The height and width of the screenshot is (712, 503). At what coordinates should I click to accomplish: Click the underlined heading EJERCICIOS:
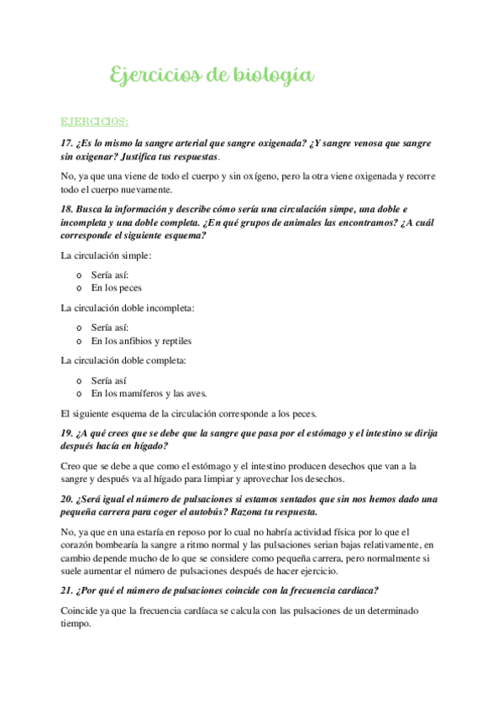click(94, 123)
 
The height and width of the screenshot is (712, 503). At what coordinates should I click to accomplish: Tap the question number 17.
click(68, 142)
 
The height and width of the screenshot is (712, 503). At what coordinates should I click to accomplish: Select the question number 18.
click(68, 207)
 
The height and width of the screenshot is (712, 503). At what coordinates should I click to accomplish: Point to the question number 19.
click(68, 433)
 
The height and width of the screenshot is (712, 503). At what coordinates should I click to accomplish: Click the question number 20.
click(68, 499)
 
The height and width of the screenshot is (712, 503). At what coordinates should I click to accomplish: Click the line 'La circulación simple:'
click(107, 255)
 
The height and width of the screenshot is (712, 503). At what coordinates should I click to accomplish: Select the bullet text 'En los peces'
click(117, 288)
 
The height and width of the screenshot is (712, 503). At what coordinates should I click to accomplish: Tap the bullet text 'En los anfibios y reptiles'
click(141, 341)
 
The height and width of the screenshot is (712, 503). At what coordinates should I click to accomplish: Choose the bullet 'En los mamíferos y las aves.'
click(149, 394)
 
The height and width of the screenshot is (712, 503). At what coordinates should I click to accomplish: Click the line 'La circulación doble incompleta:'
click(128, 308)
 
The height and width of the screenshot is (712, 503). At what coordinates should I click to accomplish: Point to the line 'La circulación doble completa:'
click(124, 361)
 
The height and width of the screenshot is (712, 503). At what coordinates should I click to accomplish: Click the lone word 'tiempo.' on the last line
click(76, 625)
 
